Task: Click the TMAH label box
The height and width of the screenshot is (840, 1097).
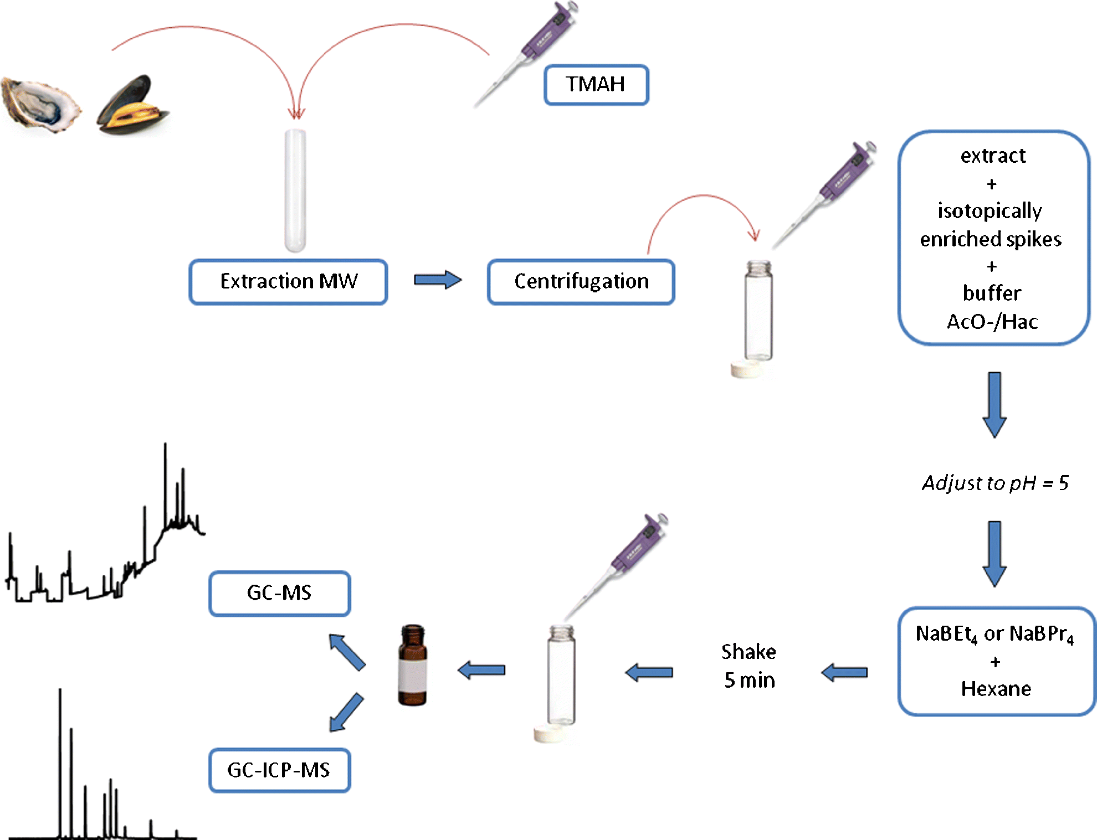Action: pyautogui.click(x=596, y=85)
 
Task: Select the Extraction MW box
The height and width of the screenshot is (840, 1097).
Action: pyautogui.click(x=288, y=281)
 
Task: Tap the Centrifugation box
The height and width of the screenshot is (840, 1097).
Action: pyautogui.click(x=581, y=281)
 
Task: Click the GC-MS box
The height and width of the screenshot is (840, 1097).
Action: pyautogui.click(x=279, y=593)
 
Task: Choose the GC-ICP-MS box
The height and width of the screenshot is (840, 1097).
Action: pyautogui.click(x=279, y=770)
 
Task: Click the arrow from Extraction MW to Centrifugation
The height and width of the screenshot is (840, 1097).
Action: pyautogui.click(x=437, y=280)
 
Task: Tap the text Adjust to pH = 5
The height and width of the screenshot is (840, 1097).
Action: pyautogui.click(x=995, y=483)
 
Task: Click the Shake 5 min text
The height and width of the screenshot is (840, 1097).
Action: pyautogui.click(x=749, y=666)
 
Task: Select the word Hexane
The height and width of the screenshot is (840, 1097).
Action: pyautogui.click(x=996, y=689)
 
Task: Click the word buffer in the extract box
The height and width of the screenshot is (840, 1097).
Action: pyautogui.click(x=992, y=293)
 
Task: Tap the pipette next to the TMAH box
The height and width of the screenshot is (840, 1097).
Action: pyautogui.click(x=532, y=50)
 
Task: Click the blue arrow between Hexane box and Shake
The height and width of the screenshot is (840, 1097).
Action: pyautogui.click(x=844, y=673)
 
